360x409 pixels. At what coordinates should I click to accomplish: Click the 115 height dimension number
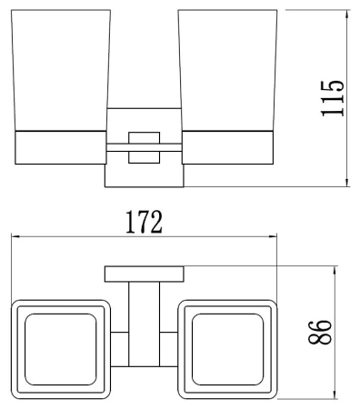[333, 98]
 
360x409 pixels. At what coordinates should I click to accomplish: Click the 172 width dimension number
[145, 222]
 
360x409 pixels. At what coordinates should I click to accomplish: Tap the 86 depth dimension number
[320, 332]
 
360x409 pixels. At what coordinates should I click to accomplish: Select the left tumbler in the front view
[61, 71]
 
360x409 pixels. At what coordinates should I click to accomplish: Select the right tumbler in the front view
[227, 71]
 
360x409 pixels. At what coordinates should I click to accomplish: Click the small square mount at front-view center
[145, 147]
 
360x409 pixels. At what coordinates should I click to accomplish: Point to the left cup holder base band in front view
[61, 147]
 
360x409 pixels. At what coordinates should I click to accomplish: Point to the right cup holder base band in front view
[227, 147]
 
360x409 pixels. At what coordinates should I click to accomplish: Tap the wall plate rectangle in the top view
[145, 274]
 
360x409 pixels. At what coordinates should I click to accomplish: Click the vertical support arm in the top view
[145, 324]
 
